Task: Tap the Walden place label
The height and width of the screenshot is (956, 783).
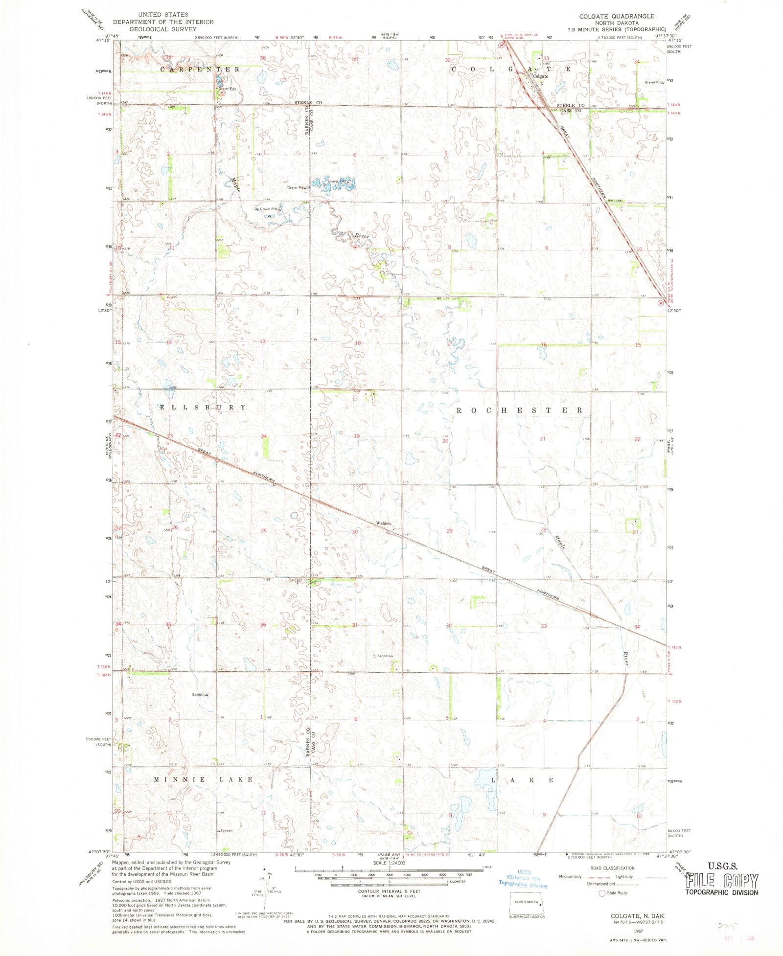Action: [x=383, y=524]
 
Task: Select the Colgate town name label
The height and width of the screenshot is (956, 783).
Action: [x=540, y=76]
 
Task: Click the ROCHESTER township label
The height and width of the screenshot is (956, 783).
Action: [x=519, y=410]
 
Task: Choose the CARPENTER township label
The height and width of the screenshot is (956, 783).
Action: [x=201, y=69]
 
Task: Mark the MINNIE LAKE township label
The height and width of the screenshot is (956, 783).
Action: [x=204, y=779]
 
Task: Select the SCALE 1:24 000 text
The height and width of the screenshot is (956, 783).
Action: [x=389, y=863]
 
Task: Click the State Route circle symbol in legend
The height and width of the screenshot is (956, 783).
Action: [x=602, y=893]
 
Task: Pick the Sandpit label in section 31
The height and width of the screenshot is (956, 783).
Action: [x=385, y=656]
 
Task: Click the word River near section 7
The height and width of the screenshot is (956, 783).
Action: [x=362, y=236]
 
